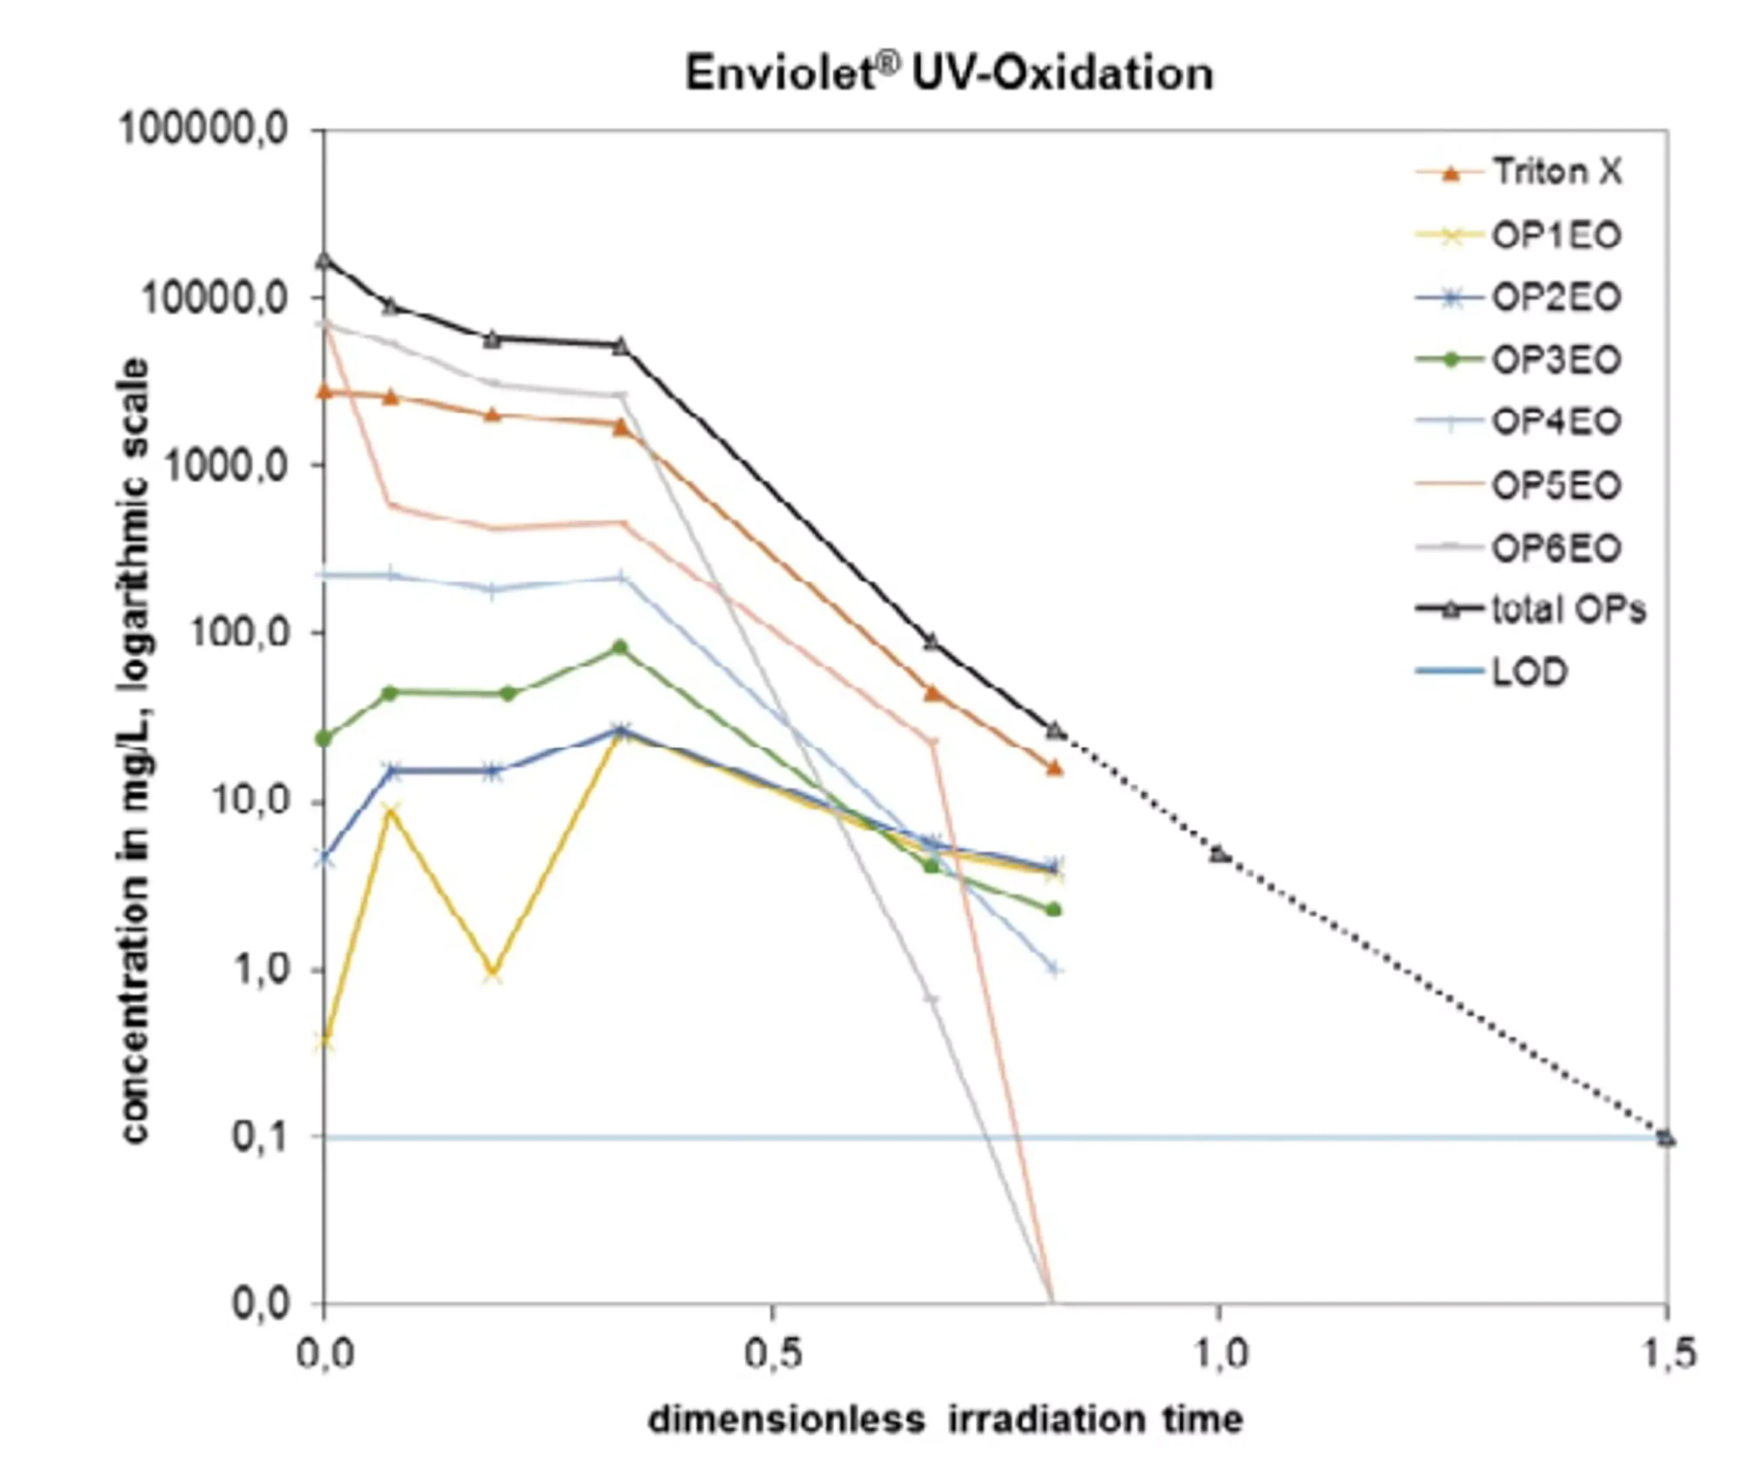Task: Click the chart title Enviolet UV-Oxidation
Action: (949, 73)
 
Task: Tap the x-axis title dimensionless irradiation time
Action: (946, 1420)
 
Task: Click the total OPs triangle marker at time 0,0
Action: (324, 260)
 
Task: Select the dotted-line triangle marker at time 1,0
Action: (1220, 855)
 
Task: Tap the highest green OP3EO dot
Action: (620, 647)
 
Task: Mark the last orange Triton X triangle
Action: (1055, 768)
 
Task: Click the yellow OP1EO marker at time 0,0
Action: (324, 1042)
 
